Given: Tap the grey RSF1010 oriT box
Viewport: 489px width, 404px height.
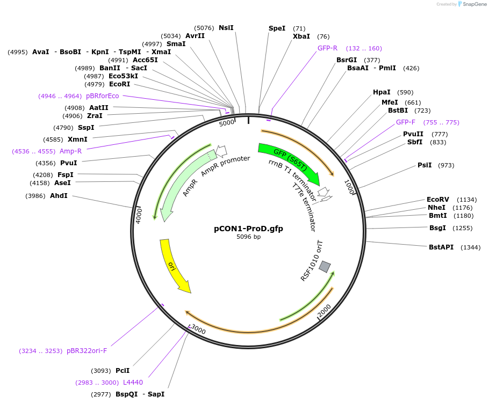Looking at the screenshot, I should pyautogui.click(x=325, y=266).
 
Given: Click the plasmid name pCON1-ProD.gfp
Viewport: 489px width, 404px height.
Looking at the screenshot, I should pyautogui.click(x=248, y=228).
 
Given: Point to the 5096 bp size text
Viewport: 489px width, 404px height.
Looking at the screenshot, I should pyautogui.click(x=248, y=237).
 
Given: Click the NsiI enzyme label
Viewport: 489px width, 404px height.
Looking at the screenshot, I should pyautogui.click(x=226, y=28).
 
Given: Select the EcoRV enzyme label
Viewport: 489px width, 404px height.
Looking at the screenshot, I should pyautogui.click(x=437, y=199).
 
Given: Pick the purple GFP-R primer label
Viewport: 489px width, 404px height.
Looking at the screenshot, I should pyautogui.click(x=327, y=48).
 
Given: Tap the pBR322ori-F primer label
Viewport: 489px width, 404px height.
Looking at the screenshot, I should pyautogui.click(x=87, y=351).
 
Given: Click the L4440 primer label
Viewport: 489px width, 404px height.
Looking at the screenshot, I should pyautogui.click(x=133, y=383).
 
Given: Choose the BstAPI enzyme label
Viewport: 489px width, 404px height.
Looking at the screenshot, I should pyautogui.click(x=441, y=247).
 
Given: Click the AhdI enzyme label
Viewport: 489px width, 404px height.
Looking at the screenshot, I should pyautogui.click(x=59, y=196).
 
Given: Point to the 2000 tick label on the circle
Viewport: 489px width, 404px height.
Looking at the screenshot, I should pyautogui.click(x=324, y=311).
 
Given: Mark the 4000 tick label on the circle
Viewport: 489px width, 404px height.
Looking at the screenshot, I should pyautogui.click(x=138, y=215).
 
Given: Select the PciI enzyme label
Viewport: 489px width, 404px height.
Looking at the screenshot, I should pyautogui.click(x=123, y=371).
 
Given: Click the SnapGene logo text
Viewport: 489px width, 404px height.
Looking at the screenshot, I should pyautogui.click(x=474, y=4).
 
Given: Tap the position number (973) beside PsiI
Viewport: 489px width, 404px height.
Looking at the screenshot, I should pyautogui.click(x=446, y=165).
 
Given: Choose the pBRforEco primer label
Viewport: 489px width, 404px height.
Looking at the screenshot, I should pyautogui.click(x=102, y=96).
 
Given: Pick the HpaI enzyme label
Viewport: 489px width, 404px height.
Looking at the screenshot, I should pyautogui.click(x=382, y=92).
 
